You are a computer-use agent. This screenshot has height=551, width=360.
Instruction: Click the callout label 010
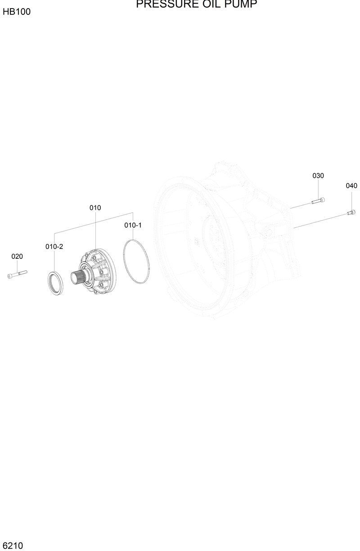click(95, 208)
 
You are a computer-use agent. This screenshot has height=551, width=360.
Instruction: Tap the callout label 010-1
click(133, 225)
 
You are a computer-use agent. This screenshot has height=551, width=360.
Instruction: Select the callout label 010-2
click(54, 247)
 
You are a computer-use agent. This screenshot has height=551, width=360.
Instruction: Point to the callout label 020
click(17, 257)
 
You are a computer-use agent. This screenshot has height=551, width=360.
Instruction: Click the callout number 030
click(318, 176)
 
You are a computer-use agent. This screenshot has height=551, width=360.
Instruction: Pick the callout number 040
click(351, 186)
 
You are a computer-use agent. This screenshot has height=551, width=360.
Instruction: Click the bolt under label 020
click(17, 274)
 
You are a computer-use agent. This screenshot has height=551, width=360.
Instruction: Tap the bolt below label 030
click(318, 201)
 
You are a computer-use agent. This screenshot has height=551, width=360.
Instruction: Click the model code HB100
click(17, 12)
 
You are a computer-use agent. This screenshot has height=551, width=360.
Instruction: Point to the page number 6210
click(12, 546)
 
